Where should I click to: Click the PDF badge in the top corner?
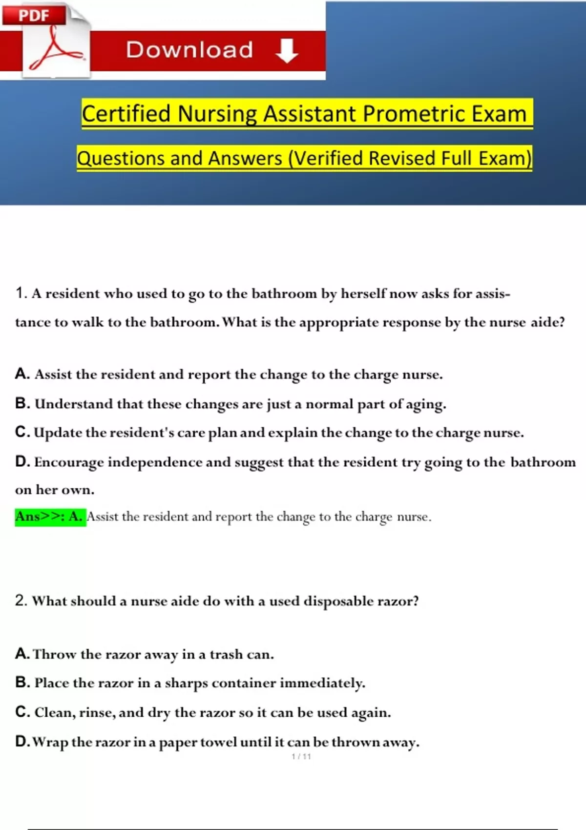34,15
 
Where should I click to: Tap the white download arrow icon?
287,51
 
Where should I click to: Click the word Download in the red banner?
189,50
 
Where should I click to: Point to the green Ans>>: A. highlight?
50,517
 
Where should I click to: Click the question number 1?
20,293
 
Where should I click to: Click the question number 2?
21,600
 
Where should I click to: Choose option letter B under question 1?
22,403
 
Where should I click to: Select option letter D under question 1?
22,461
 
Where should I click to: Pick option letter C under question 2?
22,712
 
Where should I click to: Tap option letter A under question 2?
22,653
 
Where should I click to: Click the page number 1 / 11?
301,757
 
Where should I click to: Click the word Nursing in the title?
217,114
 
